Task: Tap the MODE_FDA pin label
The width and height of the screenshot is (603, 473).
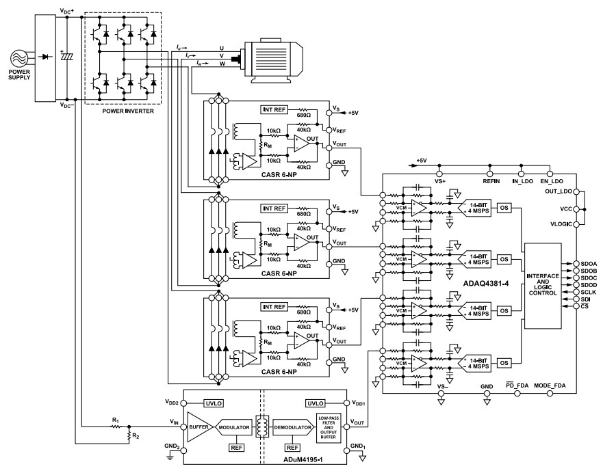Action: [551, 386]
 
